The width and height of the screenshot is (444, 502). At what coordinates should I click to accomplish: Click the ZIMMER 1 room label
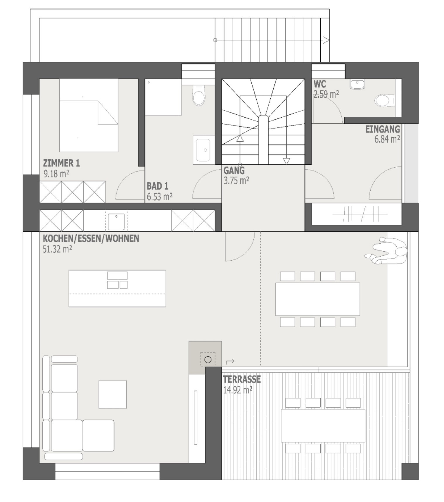point(61,163)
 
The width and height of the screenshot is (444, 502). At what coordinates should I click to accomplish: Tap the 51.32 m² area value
point(57,249)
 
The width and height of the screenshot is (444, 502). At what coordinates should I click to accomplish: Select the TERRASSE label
point(242,379)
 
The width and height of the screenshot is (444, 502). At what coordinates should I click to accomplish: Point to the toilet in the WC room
point(384,101)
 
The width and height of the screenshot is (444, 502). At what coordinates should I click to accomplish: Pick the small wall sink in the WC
point(357,84)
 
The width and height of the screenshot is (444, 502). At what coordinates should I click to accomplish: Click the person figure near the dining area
point(386,251)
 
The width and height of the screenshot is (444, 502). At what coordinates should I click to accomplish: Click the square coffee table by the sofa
point(113,394)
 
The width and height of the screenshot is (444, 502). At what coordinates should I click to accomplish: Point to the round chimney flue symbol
point(208,360)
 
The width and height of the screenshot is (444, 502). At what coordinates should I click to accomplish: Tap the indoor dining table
point(318,299)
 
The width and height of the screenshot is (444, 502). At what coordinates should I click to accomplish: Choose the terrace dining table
point(323,425)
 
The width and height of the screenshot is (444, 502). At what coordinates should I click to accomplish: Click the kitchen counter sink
point(116,222)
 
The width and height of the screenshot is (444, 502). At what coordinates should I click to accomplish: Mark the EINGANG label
point(383,129)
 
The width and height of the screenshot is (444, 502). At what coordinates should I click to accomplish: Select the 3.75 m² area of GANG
point(236,180)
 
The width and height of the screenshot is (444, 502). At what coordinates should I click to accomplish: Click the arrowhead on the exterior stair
point(326,40)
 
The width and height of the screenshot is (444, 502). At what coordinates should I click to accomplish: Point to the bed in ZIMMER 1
point(89,115)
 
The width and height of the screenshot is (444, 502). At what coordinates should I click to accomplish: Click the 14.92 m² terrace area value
point(238,390)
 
